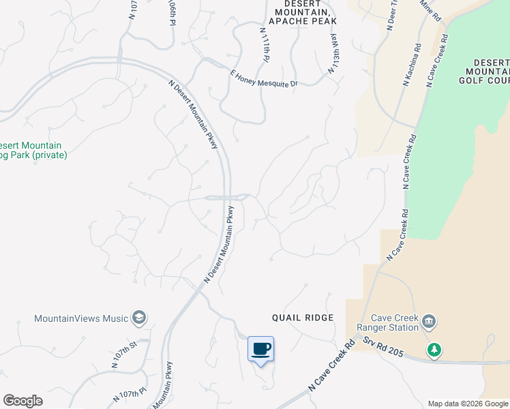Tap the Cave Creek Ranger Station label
pyautogui.click(x=393, y=323)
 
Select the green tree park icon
pyautogui.click(x=434, y=350)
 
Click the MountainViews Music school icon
pyautogui.click(x=139, y=318)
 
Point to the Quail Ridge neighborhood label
pyautogui.click(x=303, y=318)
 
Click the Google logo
pyautogui.click(x=22, y=400)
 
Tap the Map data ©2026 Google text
pyautogui.click(x=468, y=404)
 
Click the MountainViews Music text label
pyautogui.click(x=82, y=318)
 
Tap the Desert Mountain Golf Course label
pyautogui.click(x=487, y=71)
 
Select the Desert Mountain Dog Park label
pyautogui.click(x=31, y=150)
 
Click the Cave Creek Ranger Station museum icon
pyautogui.click(x=429, y=320)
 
